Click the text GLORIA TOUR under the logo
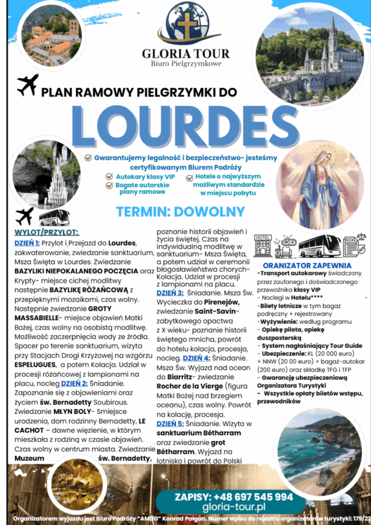pos(187,54)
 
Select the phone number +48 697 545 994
pos(234,497)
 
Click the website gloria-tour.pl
pos(234,507)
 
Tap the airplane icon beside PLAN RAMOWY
pos(27,85)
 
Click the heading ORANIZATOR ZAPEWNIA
pos(306,266)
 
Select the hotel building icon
pos(263,246)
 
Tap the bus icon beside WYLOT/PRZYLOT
pos(54,217)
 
